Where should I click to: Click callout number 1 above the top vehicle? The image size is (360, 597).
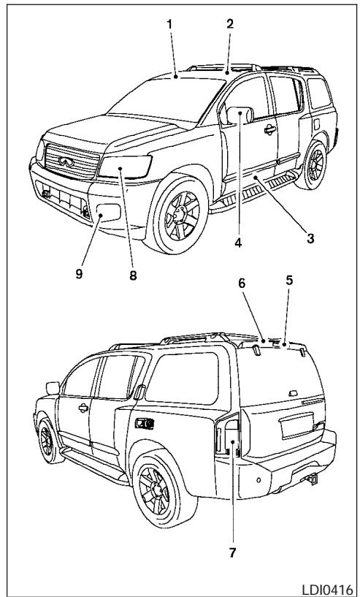pyautogui.click(x=170, y=23)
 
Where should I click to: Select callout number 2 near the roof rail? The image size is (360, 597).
pyautogui.click(x=229, y=23)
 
